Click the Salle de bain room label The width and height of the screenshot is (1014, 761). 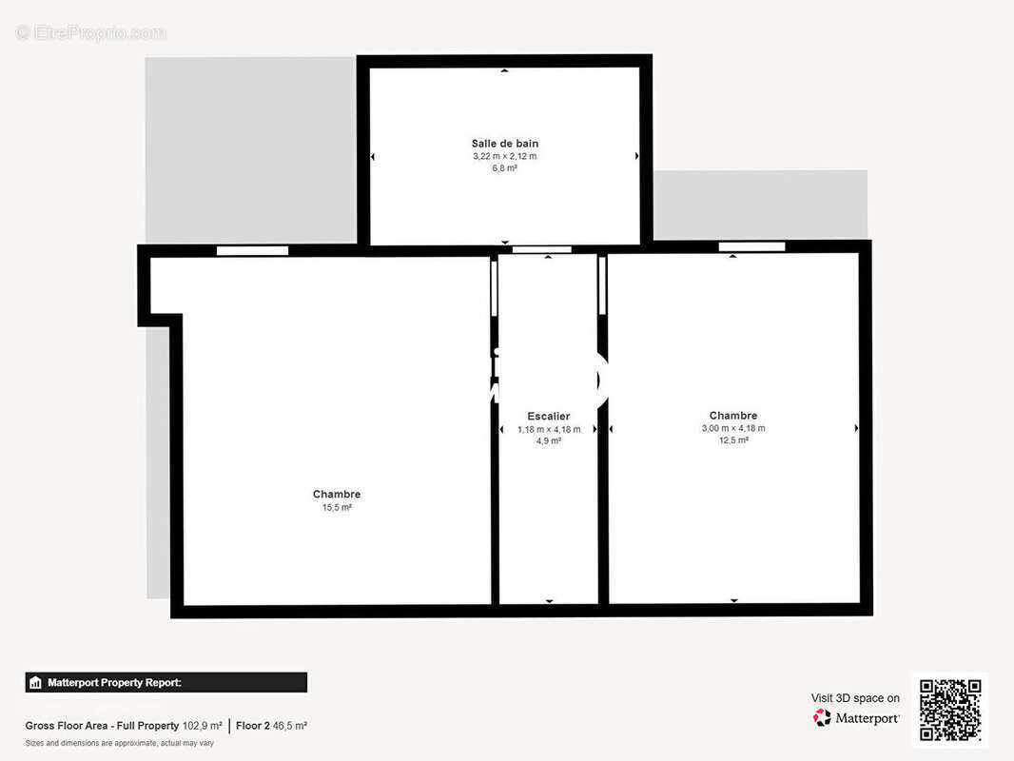click(x=504, y=144)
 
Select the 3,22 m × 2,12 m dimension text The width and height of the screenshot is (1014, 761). click(x=504, y=156)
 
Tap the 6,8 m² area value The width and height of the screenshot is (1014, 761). click(x=504, y=168)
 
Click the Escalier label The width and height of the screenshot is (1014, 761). click(x=549, y=417)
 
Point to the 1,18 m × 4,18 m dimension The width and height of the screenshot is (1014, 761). click(x=549, y=429)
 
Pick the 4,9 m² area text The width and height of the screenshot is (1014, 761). click(x=549, y=441)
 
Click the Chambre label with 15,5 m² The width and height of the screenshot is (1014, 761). click(x=337, y=494)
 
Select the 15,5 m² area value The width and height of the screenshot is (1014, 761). click(x=337, y=508)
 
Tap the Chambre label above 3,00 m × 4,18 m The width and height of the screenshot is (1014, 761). click(x=732, y=416)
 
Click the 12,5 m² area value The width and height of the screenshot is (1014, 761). click(x=733, y=440)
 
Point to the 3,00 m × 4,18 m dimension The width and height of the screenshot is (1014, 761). click(x=733, y=428)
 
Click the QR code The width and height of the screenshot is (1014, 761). click(x=950, y=710)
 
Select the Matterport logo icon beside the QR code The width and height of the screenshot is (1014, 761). click(x=822, y=717)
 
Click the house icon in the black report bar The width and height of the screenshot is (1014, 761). click(x=35, y=683)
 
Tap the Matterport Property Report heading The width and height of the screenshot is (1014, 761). click(x=114, y=683)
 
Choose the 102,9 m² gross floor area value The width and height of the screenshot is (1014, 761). click(x=202, y=726)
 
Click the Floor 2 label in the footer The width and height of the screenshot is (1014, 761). click(x=252, y=726)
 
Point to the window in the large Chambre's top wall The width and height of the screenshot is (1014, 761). click(x=252, y=251)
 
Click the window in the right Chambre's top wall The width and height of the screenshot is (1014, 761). click(x=751, y=246)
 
